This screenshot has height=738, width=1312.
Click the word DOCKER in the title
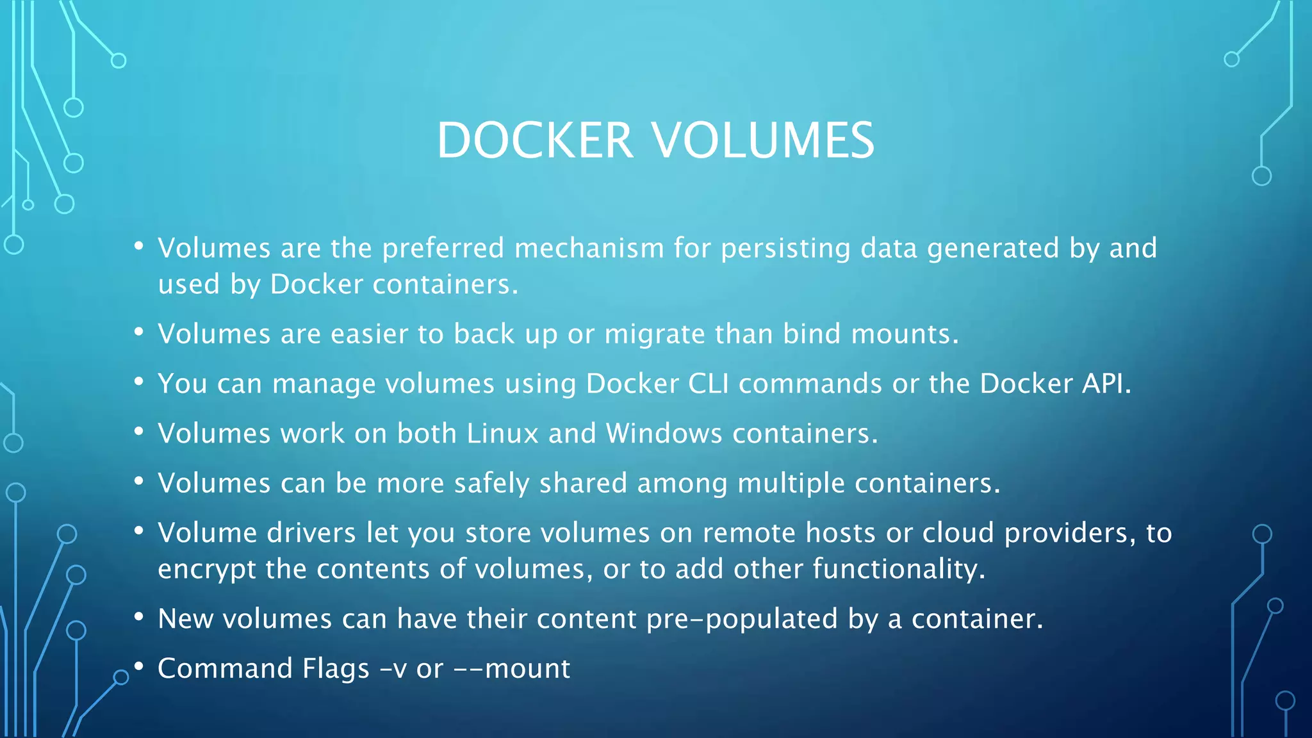535,140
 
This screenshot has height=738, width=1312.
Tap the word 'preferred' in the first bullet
443,249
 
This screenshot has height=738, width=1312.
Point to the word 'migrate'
654,334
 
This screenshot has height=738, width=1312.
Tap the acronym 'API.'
1106,384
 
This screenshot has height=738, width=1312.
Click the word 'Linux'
502,434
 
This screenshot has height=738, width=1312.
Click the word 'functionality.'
899,569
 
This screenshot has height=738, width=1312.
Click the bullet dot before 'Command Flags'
138,666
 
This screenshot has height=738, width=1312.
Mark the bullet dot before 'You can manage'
138,381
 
